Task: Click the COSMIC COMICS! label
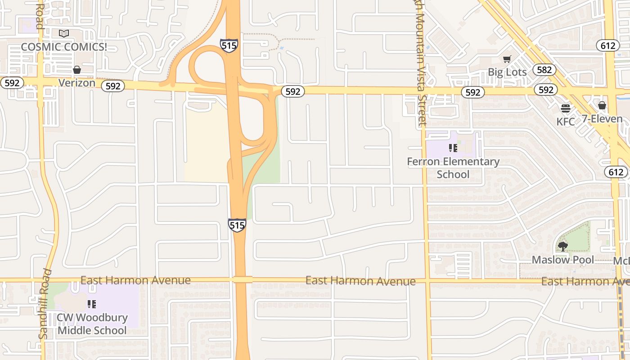64,47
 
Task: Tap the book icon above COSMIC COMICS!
64,33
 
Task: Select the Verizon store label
77,83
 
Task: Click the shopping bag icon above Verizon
77,70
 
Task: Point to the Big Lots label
507,72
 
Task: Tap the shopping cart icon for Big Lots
507,59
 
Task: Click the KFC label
566,121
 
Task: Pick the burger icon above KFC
566,108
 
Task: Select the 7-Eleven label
602,119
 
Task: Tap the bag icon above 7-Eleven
602,105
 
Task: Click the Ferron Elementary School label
453,168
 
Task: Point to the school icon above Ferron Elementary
453,148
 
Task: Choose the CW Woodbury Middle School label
92,324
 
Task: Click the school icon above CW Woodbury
92,304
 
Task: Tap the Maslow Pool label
562,260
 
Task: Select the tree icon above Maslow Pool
562,246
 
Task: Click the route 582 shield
544,70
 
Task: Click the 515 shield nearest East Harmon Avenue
237,225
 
